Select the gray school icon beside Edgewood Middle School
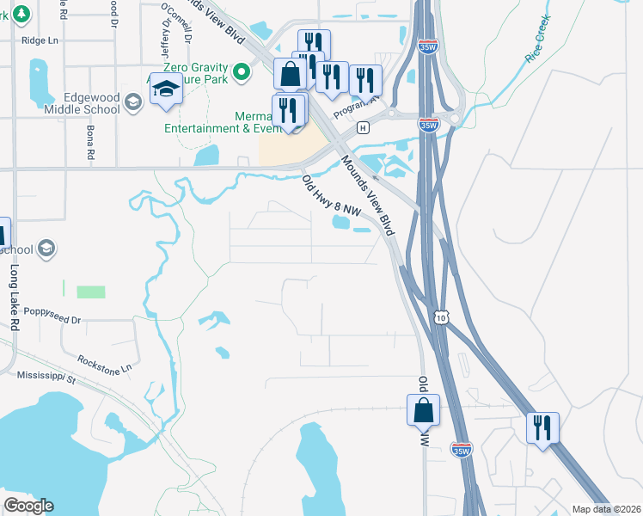[132, 103]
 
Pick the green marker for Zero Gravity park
[242, 72]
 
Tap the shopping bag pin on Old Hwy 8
[423, 410]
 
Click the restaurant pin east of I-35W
[542, 428]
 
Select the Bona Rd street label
[89, 143]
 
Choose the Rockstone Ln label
[104, 363]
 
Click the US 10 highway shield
[441, 318]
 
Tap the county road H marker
[363, 128]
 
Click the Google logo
[28, 506]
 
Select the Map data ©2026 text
[606, 509]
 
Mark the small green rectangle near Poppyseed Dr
[90, 292]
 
